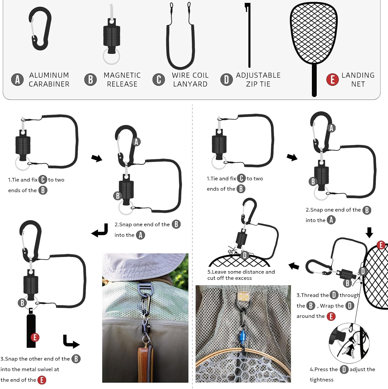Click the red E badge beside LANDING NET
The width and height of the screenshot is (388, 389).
pos(332,80)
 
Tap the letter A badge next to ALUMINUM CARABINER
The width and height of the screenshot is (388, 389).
pos(17,80)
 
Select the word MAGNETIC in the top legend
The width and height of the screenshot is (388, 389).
pos(122,75)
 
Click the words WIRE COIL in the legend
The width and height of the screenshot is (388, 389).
pos(190,75)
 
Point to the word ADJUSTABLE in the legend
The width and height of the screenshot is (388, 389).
pos(258,75)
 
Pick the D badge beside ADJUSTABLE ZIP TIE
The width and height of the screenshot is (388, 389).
pos(226,80)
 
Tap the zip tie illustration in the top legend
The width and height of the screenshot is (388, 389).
pos(249,35)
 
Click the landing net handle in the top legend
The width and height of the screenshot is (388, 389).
pos(314,80)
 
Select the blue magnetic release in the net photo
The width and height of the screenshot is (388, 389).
pos(243,337)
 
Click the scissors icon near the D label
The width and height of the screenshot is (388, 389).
pos(232,251)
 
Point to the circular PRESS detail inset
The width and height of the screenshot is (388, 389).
pos(349,343)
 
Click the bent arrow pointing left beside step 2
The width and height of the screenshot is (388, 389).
pos(100,230)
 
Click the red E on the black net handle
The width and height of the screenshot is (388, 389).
pos(35,337)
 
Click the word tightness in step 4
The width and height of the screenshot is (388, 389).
pos(321,380)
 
